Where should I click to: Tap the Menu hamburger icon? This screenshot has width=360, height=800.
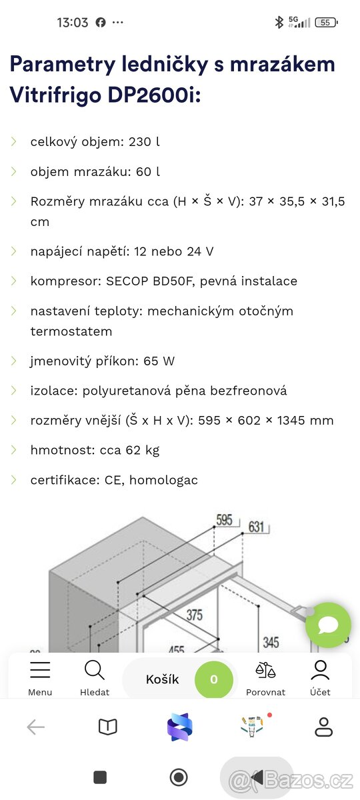[x=40, y=670]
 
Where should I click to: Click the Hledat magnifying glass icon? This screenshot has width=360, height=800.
[x=95, y=670]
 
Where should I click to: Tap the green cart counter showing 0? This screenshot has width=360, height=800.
[x=213, y=680]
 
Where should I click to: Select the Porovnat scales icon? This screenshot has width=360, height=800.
[x=265, y=671]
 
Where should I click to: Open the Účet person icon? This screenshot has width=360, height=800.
[x=320, y=670]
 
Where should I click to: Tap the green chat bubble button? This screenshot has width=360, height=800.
[x=328, y=625]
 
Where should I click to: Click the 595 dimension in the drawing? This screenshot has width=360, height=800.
[x=225, y=520]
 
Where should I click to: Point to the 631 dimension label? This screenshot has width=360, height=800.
[x=257, y=527]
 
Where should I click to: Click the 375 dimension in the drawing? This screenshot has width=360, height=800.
[x=194, y=615]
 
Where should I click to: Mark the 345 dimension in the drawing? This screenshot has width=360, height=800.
[x=271, y=643]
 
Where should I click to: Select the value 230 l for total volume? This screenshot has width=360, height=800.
[x=148, y=141]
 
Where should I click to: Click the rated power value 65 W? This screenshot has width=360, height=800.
[x=159, y=361]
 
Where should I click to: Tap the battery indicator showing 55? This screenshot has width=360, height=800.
[x=325, y=22]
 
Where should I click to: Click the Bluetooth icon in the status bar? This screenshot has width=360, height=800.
[x=279, y=22]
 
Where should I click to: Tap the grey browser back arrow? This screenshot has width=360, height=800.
[x=35, y=727]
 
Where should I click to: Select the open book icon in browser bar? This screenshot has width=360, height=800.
[x=107, y=727]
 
